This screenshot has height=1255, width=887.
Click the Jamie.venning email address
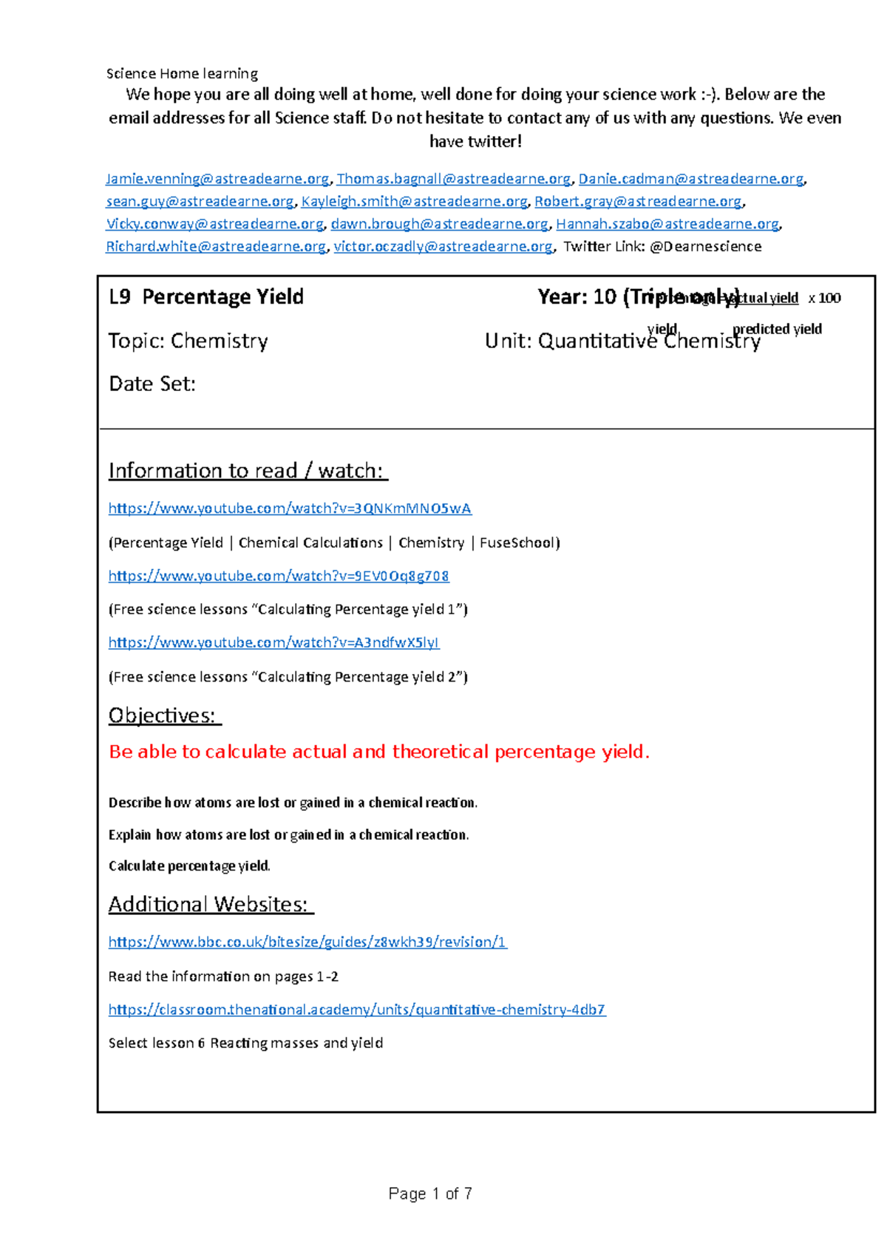pos(217,179)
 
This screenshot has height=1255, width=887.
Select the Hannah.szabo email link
pos(667,224)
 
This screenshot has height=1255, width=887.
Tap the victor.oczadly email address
pos(443,247)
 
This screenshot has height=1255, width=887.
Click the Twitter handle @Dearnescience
pos(705,247)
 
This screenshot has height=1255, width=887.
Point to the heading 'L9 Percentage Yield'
pos(206,297)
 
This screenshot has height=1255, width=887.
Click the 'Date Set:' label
pos(152,384)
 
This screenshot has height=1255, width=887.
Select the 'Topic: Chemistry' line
pos(188,341)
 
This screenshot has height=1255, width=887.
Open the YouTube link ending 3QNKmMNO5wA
pos(290,509)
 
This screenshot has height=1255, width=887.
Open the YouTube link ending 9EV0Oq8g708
pos(279,576)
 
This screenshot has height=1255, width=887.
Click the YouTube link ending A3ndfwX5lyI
pos(273,643)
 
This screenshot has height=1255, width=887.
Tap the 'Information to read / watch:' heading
pos(248,471)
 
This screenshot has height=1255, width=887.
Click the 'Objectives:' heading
pos(164,715)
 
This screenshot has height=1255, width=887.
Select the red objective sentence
pos(379,752)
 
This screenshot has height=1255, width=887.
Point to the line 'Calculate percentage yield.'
pos(189,866)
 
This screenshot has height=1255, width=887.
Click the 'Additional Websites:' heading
pos(211,905)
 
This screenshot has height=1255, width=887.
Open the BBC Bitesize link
pos(307,942)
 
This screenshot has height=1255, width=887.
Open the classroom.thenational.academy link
pos(357,1010)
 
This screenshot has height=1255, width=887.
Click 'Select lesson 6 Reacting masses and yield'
pos(245,1043)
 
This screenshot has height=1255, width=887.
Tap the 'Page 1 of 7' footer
pos(430,1194)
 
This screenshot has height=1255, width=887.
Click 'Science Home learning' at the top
pos(182,74)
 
